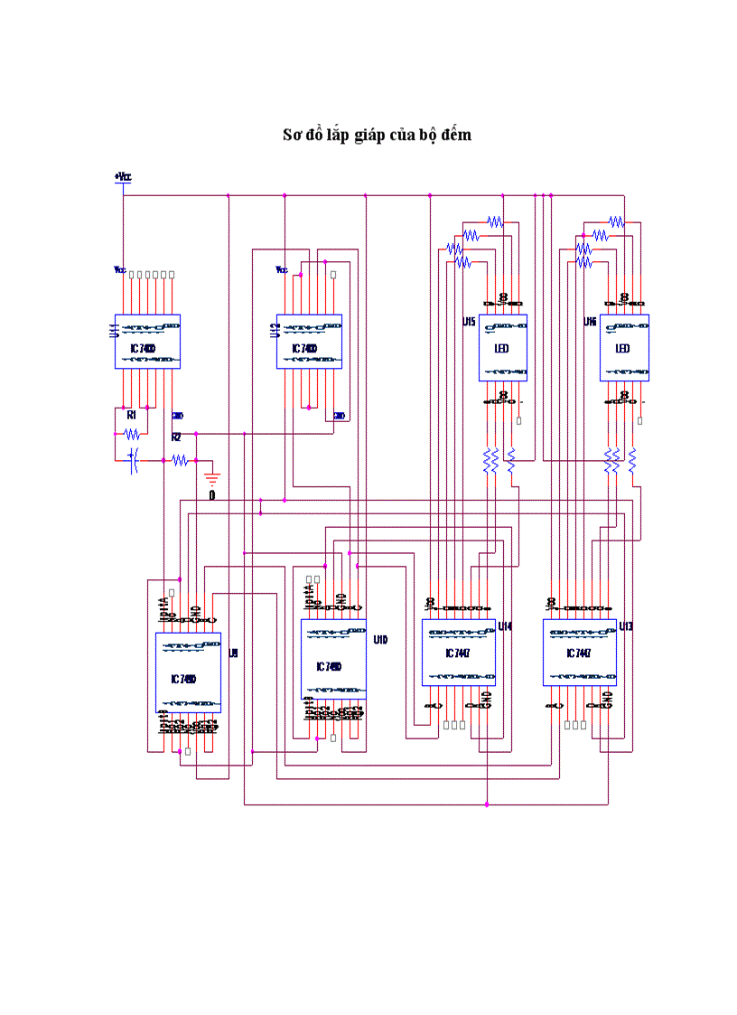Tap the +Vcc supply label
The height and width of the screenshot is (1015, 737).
123,177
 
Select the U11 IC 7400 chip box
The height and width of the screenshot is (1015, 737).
147,342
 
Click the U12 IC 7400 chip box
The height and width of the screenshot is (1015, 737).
309,342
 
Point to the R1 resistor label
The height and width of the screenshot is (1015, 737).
131,414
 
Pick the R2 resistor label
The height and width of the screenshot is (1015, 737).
176,437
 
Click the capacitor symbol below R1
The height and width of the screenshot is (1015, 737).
134,460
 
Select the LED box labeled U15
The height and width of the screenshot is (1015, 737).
502,348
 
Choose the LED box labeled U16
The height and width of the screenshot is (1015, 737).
624,348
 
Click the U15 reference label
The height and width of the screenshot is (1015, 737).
469,322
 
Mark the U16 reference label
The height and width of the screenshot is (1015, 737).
590,322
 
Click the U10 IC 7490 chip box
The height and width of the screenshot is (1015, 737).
333,659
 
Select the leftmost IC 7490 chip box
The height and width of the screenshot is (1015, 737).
188,672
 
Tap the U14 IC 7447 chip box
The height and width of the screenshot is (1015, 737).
459,653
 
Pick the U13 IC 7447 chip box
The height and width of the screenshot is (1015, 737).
580,653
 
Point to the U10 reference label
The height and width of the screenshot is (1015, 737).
380,640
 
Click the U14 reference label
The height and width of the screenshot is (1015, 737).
505,625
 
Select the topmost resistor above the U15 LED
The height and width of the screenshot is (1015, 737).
494,221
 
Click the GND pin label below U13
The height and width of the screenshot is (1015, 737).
608,699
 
